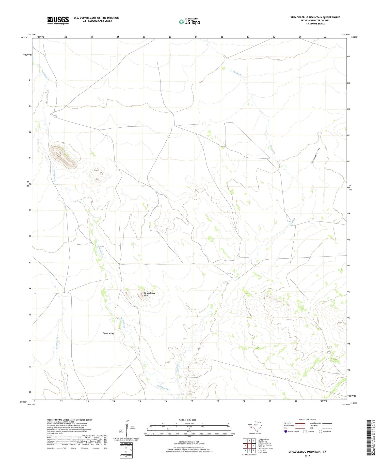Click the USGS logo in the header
(58, 20)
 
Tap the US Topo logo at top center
(189, 22)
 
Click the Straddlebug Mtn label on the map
(149, 294)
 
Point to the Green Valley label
(108, 333)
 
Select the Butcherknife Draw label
(315, 155)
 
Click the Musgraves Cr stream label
(57, 345)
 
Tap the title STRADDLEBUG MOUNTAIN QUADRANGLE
(315, 17)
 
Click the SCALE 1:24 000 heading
(189, 420)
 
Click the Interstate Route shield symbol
(286, 431)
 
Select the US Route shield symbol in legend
(305, 431)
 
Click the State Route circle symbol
(321, 431)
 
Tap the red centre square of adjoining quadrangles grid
(249, 445)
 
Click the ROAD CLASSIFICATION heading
(307, 420)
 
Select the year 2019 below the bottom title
(307, 456)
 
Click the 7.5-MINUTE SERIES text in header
(315, 24)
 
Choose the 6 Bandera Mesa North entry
(265, 449)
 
